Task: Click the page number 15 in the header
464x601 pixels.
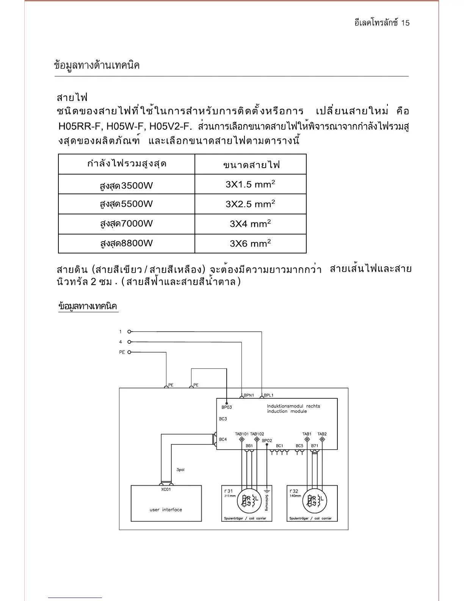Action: [x=405, y=23]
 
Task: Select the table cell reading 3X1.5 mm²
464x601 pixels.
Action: [x=250, y=184]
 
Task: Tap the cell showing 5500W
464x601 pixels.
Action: [x=126, y=204]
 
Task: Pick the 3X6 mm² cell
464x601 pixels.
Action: [x=250, y=244]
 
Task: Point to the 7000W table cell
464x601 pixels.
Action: [x=126, y=224]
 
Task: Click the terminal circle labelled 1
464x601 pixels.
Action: [x=129, y=332]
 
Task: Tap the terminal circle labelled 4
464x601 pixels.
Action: [x=129, y=342]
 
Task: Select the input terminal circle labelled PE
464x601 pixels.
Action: [x=129, y=352]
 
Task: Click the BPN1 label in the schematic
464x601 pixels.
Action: [x=249, y=395]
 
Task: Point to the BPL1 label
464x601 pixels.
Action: [x=268, y=395]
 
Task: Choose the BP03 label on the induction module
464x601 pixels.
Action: [x=227, y=407]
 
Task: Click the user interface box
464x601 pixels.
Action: [x=166, y=503]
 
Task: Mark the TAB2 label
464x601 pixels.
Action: [x=322, y=434]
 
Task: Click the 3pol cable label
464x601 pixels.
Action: [x=180, y=470]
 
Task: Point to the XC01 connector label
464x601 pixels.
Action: [x=166, y=489]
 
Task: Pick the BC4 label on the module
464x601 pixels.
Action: [x=223, y=439]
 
